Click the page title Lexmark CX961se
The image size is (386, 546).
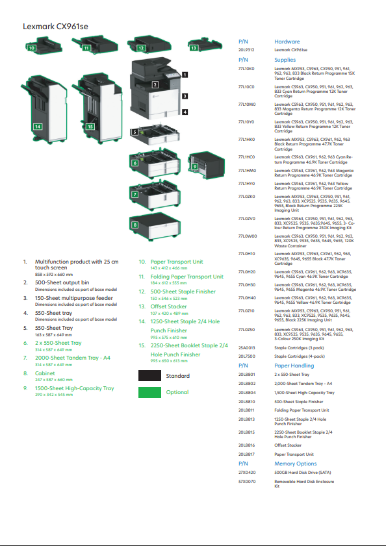(x=55, y=27)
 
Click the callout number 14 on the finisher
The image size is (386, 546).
(x=38, y=126)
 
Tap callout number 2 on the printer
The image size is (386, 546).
(x=155, y=84)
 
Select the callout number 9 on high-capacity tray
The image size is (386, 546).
(x=194, y=166)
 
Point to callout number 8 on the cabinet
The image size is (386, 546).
(x=135, y=225)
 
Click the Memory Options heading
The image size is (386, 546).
(x=295, y=464)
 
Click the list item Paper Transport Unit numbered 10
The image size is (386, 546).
(x=177, y=262)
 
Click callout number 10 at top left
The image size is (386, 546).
(x=31, y=47)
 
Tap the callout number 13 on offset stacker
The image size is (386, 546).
(x=194, y=47)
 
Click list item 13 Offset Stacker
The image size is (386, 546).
(x=168, y=306)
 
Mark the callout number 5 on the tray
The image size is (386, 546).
(x=135, y=132)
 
